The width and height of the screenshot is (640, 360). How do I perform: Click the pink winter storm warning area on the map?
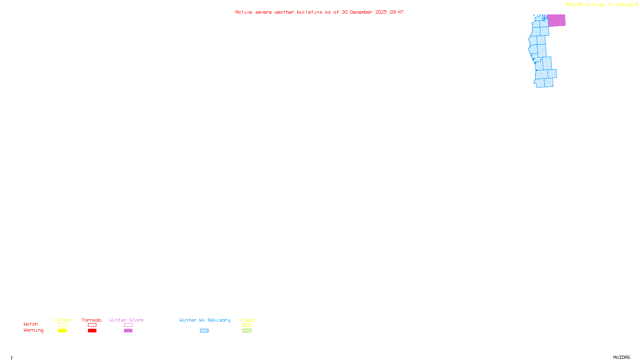[556, 20]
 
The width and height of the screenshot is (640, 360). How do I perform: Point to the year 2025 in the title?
[381, 12]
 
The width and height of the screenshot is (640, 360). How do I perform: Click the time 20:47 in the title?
[396, 12]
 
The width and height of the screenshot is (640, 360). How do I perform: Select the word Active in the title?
[244, 12]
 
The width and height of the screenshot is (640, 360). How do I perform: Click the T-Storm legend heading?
[62, 320]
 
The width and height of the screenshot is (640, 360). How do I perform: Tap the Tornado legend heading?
[92, 320]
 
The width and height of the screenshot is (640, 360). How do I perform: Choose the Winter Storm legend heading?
[126, 320]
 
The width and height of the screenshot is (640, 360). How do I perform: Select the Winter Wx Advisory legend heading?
[205, 320]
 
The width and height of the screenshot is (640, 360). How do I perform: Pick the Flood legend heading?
[247, 320]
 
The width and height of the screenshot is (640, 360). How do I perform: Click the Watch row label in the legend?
[31, 324]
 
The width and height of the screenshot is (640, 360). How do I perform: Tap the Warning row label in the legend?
[34, 330]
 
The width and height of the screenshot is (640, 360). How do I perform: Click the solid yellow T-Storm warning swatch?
[62, 331]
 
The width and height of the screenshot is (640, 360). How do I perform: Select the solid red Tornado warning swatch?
[92, 331]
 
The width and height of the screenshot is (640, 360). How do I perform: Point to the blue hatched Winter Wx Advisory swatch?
[204, 331]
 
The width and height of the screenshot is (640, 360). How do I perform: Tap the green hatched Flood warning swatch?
[247, 331]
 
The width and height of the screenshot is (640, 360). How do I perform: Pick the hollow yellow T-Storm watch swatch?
[62, 325]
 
